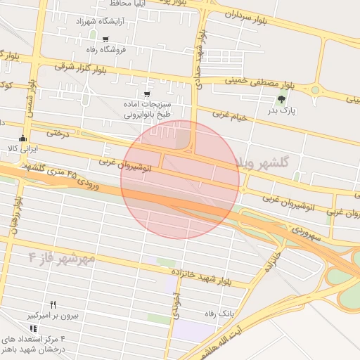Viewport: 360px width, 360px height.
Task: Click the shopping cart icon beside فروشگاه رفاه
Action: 105,39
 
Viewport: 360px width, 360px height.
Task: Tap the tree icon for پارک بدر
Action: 282,98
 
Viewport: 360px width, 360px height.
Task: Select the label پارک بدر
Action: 285,110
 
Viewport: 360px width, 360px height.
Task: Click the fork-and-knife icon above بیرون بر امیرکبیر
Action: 53,304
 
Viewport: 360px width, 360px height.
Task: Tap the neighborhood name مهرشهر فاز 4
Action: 62,258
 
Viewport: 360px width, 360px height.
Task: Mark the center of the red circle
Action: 180,179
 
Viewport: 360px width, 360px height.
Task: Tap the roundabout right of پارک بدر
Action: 315,89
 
